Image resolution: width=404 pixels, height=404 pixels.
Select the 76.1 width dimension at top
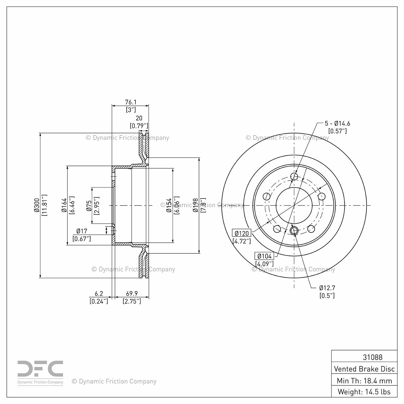[131, 102]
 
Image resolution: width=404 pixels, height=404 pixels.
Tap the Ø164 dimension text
[64, 205]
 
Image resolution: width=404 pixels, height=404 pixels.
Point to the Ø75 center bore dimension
[89, 205]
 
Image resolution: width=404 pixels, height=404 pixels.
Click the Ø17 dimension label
[82, 231]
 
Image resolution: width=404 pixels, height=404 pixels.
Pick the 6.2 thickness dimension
[99, 294]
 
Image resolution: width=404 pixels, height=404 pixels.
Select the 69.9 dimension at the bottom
[132, 294]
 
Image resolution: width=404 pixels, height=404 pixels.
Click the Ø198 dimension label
[196, 205]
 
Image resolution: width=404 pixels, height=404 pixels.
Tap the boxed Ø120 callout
[242, 233]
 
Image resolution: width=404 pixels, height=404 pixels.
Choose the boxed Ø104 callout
[264, 256]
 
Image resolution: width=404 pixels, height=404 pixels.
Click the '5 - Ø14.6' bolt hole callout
[337, 123]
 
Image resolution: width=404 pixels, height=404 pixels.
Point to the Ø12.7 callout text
[327, 288]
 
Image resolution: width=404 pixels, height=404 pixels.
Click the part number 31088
[372, 357]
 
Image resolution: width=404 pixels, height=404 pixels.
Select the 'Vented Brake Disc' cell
[364, 369]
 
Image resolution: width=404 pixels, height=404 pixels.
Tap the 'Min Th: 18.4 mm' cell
[364, 381]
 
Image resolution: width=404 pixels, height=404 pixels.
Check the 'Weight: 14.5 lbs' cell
[364, 392]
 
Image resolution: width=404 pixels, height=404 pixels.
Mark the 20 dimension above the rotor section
[139, 118]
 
